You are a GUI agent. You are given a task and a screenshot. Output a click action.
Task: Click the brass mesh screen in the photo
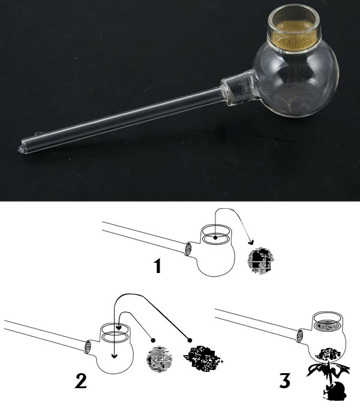[x=293, y=36]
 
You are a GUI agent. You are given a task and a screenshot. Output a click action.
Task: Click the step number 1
[x=157, y=266]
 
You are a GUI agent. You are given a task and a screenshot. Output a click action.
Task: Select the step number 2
[x=80, y=381]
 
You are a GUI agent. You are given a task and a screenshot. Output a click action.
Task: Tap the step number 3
[x=285, y=380]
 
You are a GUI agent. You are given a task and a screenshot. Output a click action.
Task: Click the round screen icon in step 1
[x=260, y=260]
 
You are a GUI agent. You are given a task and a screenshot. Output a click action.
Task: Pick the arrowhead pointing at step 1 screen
[x=251, y=242]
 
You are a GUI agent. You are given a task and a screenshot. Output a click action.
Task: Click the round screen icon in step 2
[x=160, y=359]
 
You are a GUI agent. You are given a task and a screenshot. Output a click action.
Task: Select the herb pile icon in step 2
[x=203, y=358]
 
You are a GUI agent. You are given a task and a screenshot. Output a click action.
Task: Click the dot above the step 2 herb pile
[x=190, y=340]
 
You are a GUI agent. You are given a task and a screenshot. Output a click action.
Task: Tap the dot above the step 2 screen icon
[x=153, y=340]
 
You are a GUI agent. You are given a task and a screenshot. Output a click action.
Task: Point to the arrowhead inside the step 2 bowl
[x=115, y=356]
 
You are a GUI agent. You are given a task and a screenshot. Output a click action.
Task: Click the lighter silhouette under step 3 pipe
[x=334, y=391]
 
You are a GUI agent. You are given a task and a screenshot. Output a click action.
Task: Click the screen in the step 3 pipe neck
[x=328, y=325]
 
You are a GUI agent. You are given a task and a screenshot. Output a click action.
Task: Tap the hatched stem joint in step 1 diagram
[x=188, y=249]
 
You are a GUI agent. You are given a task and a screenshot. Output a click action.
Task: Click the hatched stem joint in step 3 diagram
[x=300, y=336]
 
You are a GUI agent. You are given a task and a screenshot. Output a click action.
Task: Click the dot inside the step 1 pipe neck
[x=215, y=238]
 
